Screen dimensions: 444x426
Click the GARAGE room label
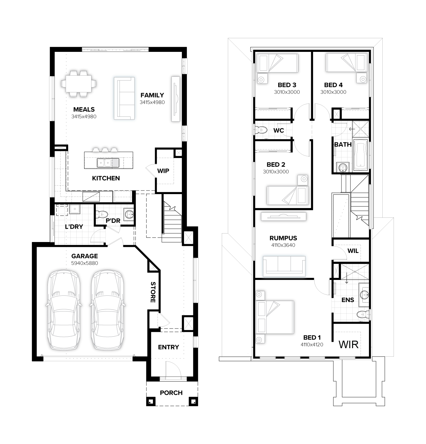(x=85, y=256)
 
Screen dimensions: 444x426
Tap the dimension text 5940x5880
(x=85, y=263)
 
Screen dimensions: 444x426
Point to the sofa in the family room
(x=124, y=98)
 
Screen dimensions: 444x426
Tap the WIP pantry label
(x=163, y=171)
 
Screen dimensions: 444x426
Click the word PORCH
(x=171, y=393)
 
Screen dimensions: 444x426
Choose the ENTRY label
(x=168, y=347)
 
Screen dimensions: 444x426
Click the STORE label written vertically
(x=153, y=292)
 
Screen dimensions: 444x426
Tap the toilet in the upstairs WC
(x=261, y=130)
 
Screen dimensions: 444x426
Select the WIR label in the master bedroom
(x=348, y=345)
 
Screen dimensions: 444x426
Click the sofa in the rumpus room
(x=284, y=266)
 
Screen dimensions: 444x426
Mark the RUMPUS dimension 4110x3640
(x=283, y=245)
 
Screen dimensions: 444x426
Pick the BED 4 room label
(x=333, y=85)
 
